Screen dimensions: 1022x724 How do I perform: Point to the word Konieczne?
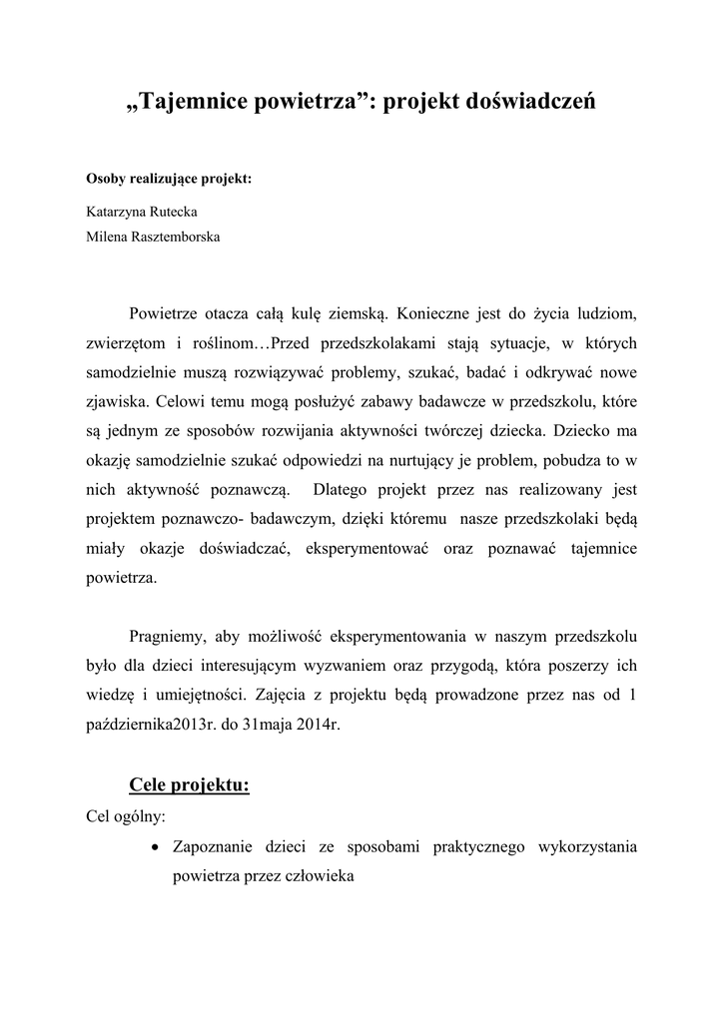pos(434,315)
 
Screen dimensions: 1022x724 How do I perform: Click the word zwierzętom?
pos(124,342)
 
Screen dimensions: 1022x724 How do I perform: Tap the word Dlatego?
pos(346,490)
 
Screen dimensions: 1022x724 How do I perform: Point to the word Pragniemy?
pos(170,635)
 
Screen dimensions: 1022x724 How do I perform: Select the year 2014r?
pos(320,725)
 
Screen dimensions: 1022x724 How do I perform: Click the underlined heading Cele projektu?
pos(190,784)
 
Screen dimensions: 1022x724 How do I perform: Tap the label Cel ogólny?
pos(127,815)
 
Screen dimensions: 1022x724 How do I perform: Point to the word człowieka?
pos(323,875)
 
